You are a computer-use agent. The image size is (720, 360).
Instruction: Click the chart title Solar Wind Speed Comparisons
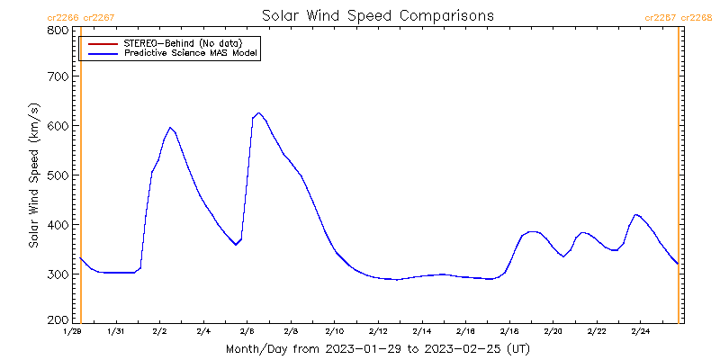pyautogui.click(x=377, y=15)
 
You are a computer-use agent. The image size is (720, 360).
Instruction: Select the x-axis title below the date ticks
pyautogui.click(x=377, y=348)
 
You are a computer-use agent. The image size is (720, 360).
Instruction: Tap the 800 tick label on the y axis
pyautogui.click(x=58, y=30)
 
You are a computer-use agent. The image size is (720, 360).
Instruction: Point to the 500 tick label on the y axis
pyautogui.click(x=58, y=175)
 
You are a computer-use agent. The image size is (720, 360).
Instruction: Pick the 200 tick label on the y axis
pyautogui.click(x=58, y=319)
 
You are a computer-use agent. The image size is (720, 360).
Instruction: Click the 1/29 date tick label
pyautogui.click(x=73, y=332)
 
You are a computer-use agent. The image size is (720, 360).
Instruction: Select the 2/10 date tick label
pyautogui.click(x=334, y=332)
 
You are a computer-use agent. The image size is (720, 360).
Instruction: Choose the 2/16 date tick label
pyautogui.click(x=465, y=332)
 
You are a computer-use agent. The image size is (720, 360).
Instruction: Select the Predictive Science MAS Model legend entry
pyautogui.click(x=192, y=53)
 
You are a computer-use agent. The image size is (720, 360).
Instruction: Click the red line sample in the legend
pyautogui.click(x=101, y=43)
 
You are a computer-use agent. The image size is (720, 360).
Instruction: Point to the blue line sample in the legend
pyautogui.click(x=101, y=53)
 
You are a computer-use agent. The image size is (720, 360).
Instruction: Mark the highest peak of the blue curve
pyautogui.click(x=258, y=112)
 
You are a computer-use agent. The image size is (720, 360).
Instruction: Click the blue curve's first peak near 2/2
pyautogui.click(x=170, y=127)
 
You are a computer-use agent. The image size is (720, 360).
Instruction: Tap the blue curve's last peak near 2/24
pyautogui.click(x=636, y=214)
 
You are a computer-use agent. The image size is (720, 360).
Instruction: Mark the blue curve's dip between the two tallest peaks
pyautogui.click(x=236, y=245)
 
